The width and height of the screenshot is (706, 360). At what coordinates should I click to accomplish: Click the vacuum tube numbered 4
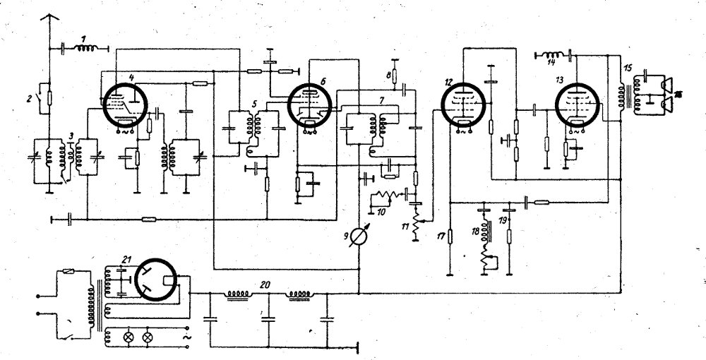(x=124, y=106)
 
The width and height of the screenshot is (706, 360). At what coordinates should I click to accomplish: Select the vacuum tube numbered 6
(x=310, y=106)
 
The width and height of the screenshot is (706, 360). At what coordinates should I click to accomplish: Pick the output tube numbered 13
(x=577, y=106)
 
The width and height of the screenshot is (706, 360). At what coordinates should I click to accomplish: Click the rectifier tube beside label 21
(x=159, y=281)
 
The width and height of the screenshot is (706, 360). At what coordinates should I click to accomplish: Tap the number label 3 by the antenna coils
(x=70, y=134)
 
